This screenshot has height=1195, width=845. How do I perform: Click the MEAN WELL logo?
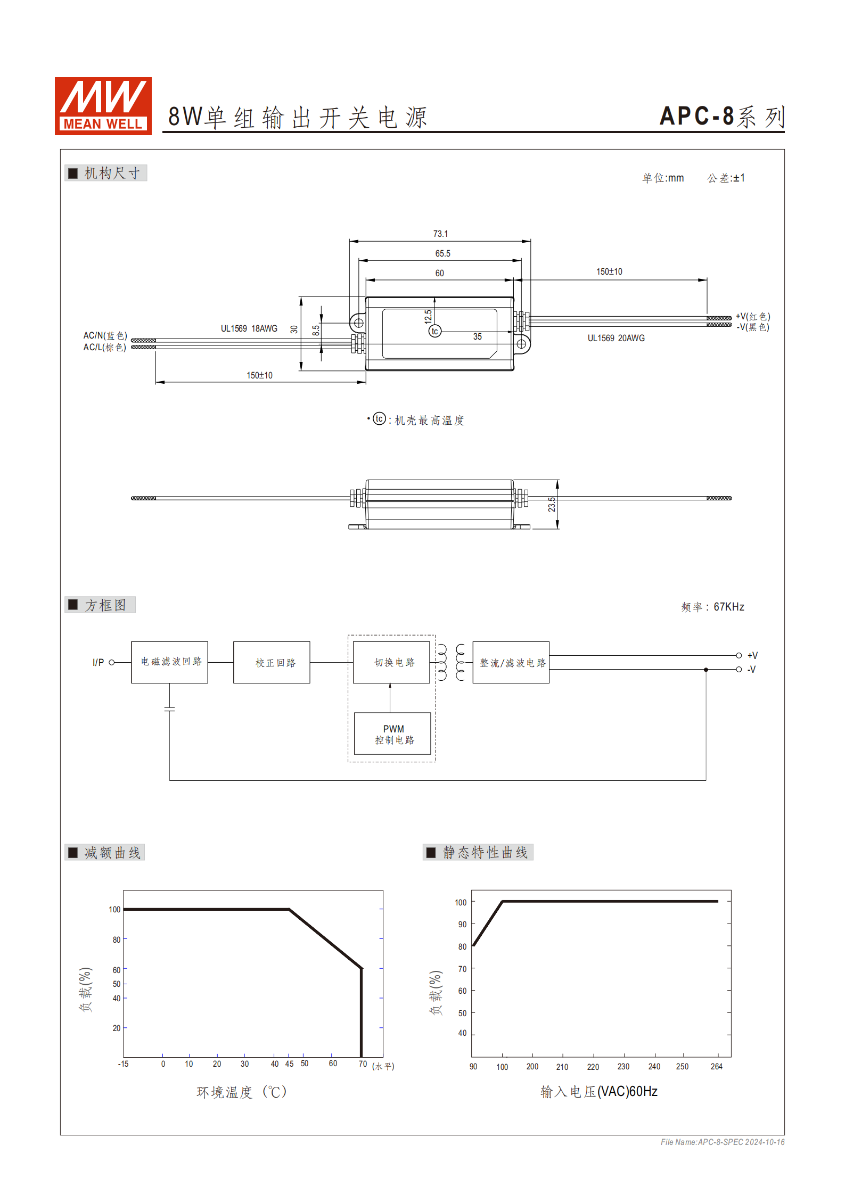(103, 105)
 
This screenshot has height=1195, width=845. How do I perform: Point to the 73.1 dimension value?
(440, 234)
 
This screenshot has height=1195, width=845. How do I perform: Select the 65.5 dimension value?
(442, 253)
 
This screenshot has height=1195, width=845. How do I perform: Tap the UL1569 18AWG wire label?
(249, 328)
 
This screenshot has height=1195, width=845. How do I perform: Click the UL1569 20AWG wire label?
(616, 338)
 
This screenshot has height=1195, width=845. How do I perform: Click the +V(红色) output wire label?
(752, 316)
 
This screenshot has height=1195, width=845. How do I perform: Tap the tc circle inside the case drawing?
(434, 331)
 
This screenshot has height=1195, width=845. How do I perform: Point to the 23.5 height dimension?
(552, 504)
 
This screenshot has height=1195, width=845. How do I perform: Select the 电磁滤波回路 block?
(169, 662)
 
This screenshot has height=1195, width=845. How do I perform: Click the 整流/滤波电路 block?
(511, 662)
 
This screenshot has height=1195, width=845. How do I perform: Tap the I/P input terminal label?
(98, 662)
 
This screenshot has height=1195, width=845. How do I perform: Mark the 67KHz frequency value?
(728, 607)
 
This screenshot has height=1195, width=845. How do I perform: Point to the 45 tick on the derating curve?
(289, 1064)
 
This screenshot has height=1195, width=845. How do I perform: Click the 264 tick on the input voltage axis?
(716, 1066)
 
